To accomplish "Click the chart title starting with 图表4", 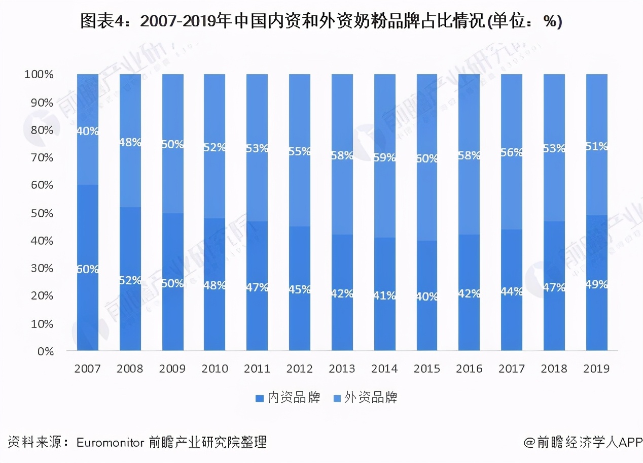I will coord(321,22).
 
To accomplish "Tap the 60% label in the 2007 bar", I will coord(88,269).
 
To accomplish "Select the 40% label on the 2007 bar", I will coord(88,131).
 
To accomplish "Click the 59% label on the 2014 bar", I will coord(384,157).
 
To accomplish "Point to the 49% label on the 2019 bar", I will coord(596,284).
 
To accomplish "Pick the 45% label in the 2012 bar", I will coord(300,289).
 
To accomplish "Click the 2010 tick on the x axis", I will coord(215,369).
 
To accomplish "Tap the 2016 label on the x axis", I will coord(469,369).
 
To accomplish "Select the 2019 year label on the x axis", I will coord(596,369).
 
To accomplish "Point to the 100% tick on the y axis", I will coord(39,75).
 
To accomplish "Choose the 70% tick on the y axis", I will coord(42,157).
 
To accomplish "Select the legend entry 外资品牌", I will coord(371,398).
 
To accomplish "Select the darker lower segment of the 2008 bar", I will coord(130,315).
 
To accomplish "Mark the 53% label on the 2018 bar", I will coord(554,148).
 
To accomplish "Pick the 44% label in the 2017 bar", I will coord(512,291).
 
